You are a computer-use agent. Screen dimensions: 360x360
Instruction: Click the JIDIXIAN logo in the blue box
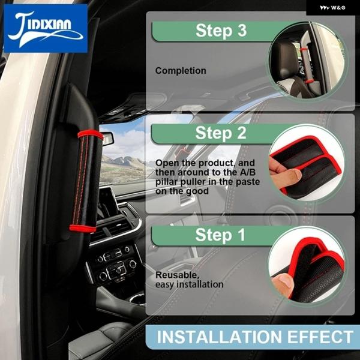coord(46,29)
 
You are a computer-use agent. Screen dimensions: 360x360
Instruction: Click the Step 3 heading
coord(221,31)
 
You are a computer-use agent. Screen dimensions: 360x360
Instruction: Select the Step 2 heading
coord(221,133)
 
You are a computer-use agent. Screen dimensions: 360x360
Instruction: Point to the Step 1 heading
coord(220,235)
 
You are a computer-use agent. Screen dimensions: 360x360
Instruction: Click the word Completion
coord(181,71)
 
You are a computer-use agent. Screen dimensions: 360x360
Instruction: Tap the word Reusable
coord(178,275)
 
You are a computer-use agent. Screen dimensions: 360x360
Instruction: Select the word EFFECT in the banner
coord(320,337)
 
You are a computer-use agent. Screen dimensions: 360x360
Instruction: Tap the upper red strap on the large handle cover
coord(91,134)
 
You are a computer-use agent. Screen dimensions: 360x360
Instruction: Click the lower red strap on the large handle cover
coord(83,229)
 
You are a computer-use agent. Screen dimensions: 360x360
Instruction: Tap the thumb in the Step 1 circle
coord(283,284)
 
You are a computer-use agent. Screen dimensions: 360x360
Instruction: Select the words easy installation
coord(190,284)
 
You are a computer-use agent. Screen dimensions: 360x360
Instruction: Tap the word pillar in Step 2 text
coord(167,182)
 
